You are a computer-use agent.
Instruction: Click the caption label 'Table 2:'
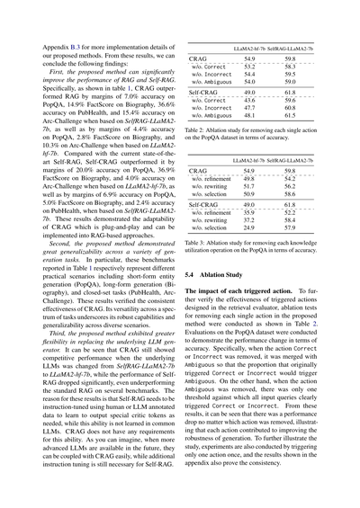click(x=196, y=131)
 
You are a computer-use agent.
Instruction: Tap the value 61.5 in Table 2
click(x=290, y=115)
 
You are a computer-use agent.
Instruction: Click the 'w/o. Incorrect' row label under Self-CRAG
click(x=211, y=107)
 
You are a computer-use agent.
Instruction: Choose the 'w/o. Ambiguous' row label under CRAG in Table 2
click(x=211, y=82)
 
